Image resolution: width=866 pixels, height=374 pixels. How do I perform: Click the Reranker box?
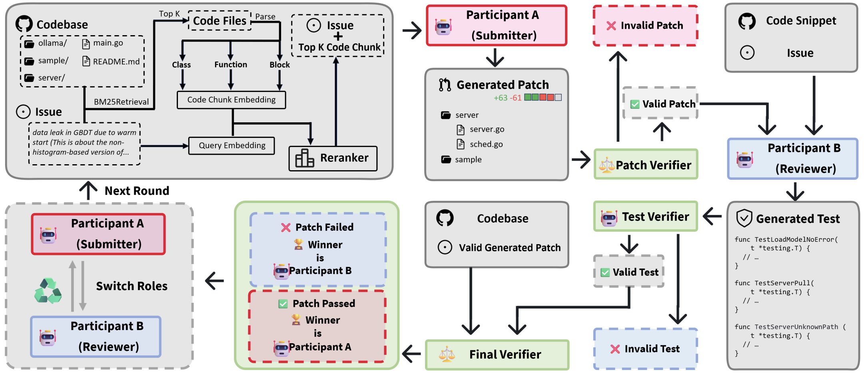pyautogui.click(x=333, y=158)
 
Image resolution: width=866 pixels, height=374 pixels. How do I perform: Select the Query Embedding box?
pyautogui.click(x=231, y=145)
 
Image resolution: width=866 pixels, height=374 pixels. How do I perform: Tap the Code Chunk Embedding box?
pyautogui.click(x=231, y=100)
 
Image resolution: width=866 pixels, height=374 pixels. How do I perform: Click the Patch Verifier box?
pyautogui.click(x=646, y=165)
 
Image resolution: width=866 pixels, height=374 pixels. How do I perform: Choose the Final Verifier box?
pyautogui.click(x=497, y=354)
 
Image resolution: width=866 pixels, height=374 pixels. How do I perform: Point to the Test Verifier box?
pyautogui.click(x=646, y=217)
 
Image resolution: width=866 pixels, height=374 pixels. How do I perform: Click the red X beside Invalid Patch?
pyautogui.click(x=611, y=26)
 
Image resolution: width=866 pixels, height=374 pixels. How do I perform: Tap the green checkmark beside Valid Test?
pyautogui.click(x=605, y=273)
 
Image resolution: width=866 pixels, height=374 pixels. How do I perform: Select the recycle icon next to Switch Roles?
pyautogui.click(x=48, y=291)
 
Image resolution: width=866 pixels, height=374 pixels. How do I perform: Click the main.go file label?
pyautogui.click(x=108, y=43)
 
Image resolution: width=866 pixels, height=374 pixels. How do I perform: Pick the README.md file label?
pyautogui.click(x=116, y=62)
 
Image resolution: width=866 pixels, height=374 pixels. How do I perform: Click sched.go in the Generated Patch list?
pyautogui.click(x=486, y=144)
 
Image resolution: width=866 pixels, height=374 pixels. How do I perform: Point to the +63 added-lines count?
pyautogui.click(x=500, y=98)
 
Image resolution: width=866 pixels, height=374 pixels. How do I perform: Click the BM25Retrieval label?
pyautogui.click(x=121, y=102)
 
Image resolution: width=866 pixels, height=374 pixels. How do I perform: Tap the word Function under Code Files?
pyautogui.click(x=231, y=65)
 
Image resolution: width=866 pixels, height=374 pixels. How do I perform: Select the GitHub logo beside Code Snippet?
pyautogui.click(x=747, y=21)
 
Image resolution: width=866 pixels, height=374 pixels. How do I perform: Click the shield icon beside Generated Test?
pyautogui.click(x=744, y=218)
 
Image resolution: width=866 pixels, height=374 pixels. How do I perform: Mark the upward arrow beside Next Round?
pyautogui.click(x=88, y=190)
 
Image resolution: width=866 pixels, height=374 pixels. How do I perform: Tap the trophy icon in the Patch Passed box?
pyautogui.click(x=296, y=320)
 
